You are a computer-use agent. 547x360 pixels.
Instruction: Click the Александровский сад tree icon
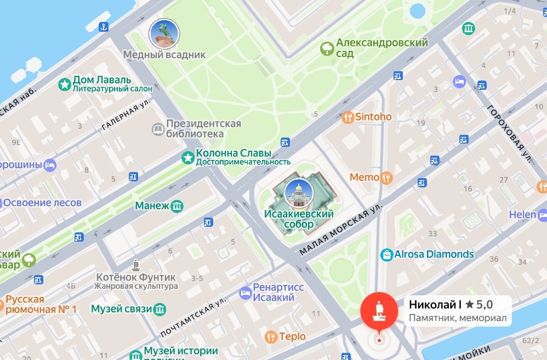click(327, 49)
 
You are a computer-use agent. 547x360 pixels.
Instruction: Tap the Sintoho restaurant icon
click(347, 117)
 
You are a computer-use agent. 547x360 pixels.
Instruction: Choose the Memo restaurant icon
click(387, 177)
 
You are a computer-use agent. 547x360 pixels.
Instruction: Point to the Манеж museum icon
click(177, 206)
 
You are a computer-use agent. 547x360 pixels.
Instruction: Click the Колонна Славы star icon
click(188, 158)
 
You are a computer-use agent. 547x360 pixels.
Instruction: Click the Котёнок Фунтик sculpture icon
click(136, 265)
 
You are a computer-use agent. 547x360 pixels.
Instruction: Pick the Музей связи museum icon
click(159, 309)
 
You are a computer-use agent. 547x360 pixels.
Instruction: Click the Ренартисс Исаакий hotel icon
click(245, 293)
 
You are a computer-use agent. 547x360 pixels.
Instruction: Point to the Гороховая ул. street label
click(510, 134)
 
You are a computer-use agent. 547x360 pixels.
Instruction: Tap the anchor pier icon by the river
click(103, 26)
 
